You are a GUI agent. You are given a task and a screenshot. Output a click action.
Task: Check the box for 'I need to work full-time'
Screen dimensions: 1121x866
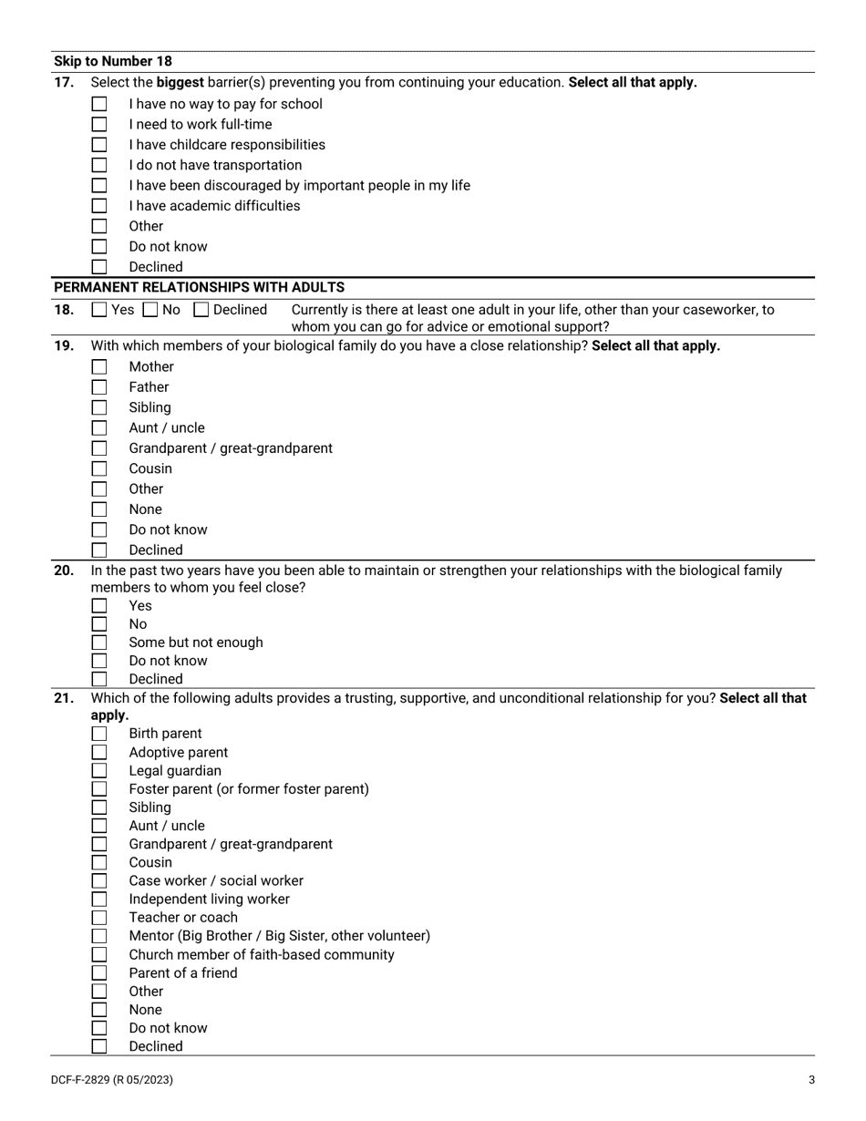point(99,125)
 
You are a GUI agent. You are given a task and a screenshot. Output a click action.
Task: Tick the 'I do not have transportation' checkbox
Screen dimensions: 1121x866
point(99,166)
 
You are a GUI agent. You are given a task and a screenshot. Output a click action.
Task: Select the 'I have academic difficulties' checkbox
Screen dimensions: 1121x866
point(99,206)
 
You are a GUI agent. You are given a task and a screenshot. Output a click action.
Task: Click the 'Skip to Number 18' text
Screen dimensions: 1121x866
point(112,62)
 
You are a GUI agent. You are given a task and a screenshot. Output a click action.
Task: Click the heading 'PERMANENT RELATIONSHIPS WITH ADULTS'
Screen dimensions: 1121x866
point(199,288)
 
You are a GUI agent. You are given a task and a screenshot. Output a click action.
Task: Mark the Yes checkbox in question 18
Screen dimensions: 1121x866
point(99,310)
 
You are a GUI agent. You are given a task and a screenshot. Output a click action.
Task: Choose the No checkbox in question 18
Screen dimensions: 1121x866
point(150,310)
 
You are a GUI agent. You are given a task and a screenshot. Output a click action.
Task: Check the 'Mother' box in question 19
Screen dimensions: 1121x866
point(99,367)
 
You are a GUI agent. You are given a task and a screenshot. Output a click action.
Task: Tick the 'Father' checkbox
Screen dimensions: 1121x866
point(99,387)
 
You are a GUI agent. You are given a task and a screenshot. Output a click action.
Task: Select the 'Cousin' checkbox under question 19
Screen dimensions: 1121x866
point(99,469)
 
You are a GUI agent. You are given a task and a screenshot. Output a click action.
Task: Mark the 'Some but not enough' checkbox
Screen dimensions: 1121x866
point(99,643)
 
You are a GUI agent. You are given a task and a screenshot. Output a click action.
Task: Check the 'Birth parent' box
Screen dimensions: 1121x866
point(99,734)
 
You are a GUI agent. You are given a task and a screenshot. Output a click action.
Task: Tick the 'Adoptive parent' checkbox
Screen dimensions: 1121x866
point(99,753)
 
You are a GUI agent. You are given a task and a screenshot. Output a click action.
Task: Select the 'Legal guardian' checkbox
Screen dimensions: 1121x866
point(99,771)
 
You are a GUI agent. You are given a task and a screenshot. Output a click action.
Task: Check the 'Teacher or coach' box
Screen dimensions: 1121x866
point(99,918)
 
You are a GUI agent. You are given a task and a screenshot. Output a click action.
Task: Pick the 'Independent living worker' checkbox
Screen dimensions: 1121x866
point(99,900)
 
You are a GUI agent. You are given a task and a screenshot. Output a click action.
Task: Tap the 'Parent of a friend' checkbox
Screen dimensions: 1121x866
point(99,973)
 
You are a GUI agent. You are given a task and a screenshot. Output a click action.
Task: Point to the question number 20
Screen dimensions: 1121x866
point(64,571)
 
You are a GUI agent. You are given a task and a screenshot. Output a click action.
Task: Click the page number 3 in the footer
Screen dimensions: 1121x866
point(811,1081)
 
